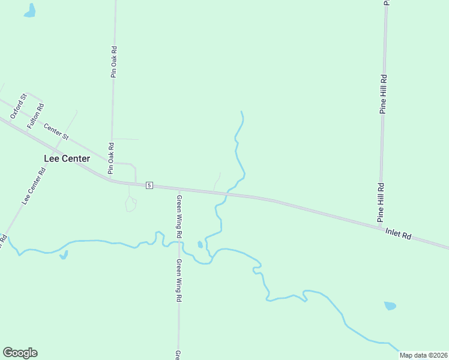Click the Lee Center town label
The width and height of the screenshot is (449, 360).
67,158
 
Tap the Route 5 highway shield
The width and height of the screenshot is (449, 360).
149,185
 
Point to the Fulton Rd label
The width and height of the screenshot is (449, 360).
35,115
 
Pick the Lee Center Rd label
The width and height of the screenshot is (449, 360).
34,187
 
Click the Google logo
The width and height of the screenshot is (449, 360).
20,353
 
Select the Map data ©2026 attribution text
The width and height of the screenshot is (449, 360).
423,355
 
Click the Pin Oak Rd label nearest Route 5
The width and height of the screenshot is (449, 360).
111,158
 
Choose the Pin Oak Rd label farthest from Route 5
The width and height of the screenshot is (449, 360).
113,62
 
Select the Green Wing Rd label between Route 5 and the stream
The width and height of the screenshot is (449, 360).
179,213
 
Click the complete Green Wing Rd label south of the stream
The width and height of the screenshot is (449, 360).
179,280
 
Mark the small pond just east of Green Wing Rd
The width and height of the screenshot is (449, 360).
200,244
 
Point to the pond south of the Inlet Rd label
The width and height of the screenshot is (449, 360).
390,305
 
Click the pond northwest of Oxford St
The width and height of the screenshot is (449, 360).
29,10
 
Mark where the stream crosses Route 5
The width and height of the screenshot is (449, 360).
227,193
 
